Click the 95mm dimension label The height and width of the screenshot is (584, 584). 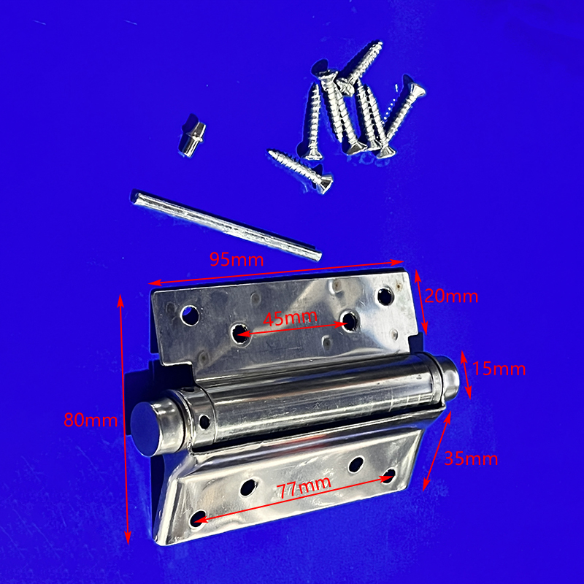(x=237, y=259)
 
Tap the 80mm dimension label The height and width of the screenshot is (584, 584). (x=91, y=420)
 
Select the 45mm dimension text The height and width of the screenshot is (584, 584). (x=290, y=318)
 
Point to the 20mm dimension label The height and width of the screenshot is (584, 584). (x=451, y=296)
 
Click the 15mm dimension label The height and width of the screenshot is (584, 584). (x=499, y=369)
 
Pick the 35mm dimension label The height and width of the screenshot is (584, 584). (x=471, y=458)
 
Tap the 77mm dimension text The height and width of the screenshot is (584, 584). (x=304, y=487)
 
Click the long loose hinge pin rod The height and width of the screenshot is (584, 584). (x=226, y=225)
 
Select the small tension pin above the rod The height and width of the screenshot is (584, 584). (x=192, y=135)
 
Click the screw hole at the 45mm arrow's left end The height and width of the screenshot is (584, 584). (x=240, y=334)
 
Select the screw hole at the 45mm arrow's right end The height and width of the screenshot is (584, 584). (x=350, y=320)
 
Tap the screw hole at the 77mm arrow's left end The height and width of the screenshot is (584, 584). (x=199, y=518)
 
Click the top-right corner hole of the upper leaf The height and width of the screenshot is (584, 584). (x=385, y=296)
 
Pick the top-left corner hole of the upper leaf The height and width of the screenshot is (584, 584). (x=190, y=315)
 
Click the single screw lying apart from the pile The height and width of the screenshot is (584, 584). (x=300, y=171)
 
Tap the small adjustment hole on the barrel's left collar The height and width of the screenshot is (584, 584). (x=204, y=421)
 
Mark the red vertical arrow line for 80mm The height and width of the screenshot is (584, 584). (x=124, y=419)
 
